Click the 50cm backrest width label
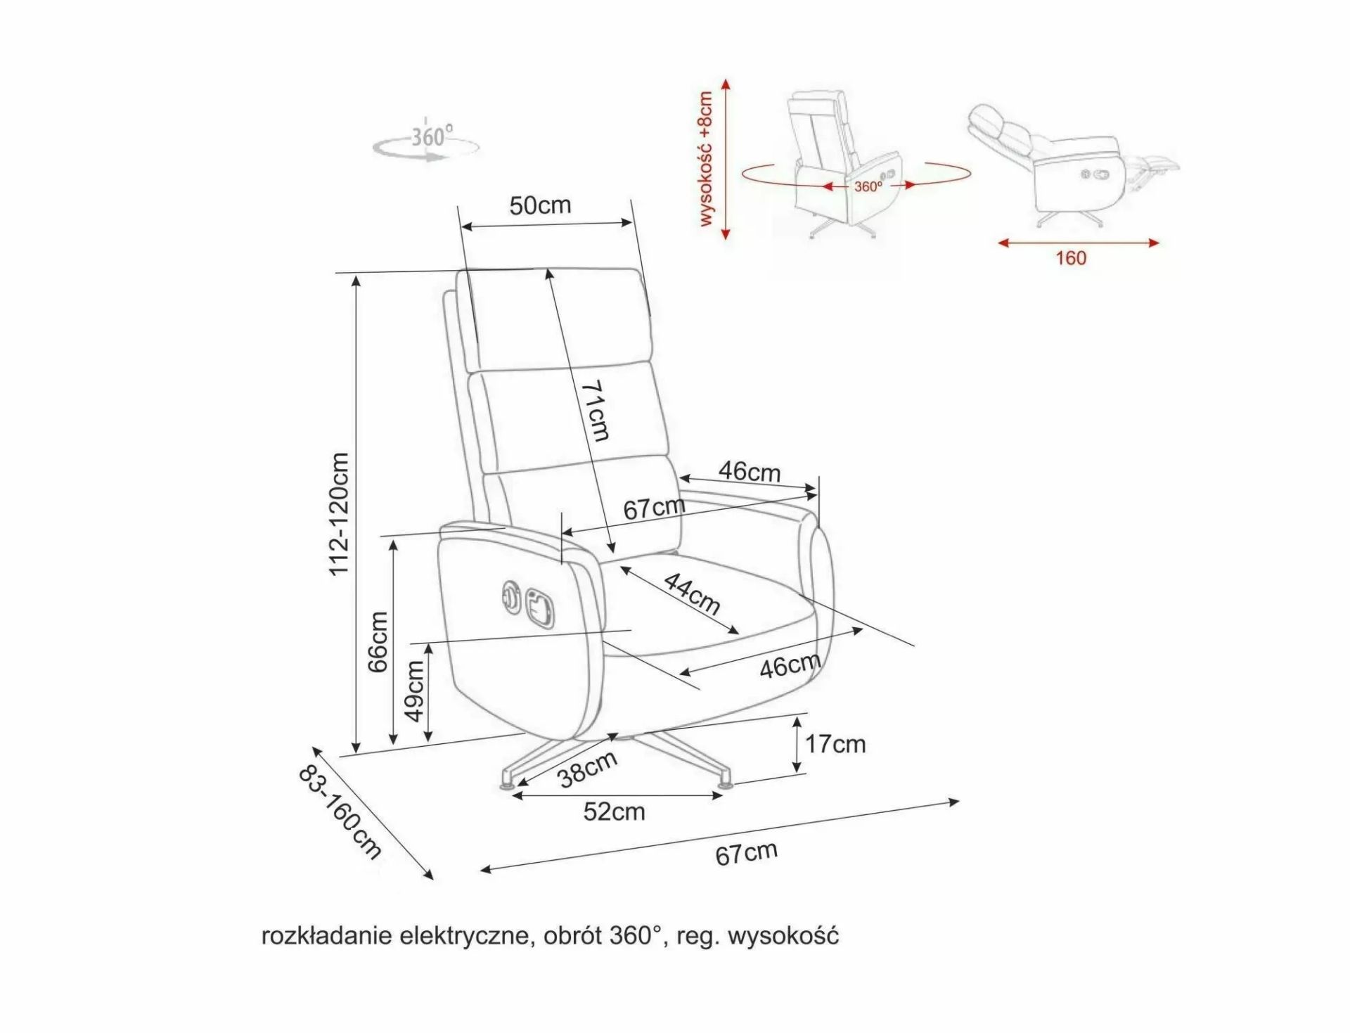coord(540,205)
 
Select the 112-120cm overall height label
coord(340,513)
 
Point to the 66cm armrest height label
coord(378,641)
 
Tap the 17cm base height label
coord(835,743)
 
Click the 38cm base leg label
coord(588,768)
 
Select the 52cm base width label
coord(614,811)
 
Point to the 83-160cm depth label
coord(340,811)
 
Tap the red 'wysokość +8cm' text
coord(706,158)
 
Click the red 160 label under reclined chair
coord(1070,258)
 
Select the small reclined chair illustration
coord(1072,165)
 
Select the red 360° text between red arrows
coord(868,186)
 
